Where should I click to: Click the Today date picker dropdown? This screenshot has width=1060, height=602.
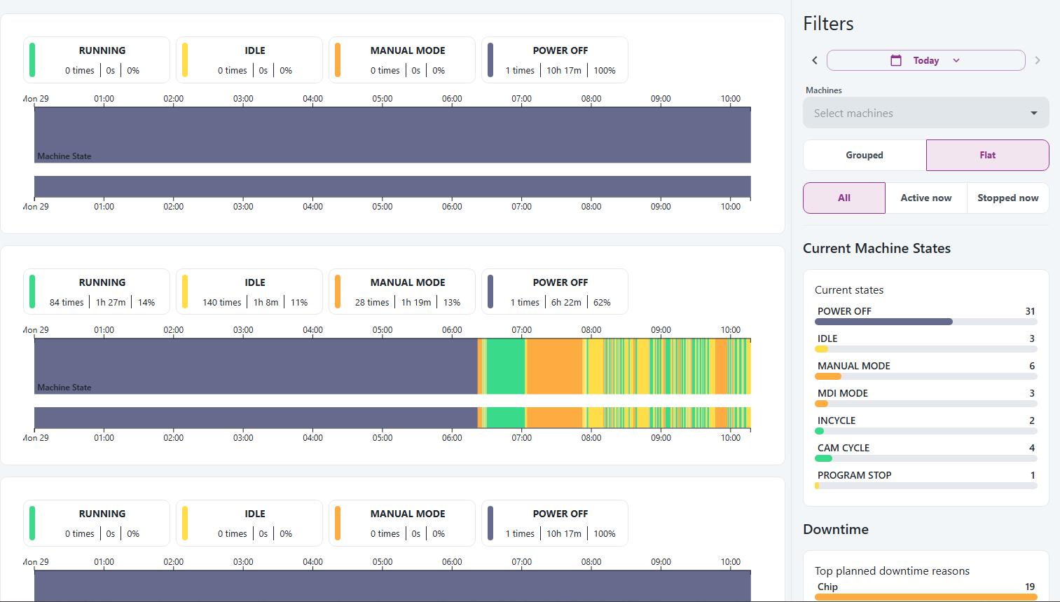(x=925, y=60)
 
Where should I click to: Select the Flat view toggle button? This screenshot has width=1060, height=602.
(x=987, y=155)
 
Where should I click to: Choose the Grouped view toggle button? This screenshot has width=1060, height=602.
(x=864, y=155)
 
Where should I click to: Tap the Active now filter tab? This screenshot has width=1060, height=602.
(x=925, y=198)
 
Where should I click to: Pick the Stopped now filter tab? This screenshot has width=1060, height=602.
(x=1007, y=198)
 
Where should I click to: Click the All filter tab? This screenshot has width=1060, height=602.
(x=844, y=198)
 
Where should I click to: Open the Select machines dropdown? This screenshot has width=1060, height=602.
(x=925, y=113)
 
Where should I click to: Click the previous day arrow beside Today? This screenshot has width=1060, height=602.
(x=815, y=60)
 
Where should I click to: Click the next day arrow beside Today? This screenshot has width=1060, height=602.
(x=1038, y=60)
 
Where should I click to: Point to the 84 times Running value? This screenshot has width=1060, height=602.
(x=67, y=302)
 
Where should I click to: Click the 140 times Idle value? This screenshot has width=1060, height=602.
(x=221, y=302)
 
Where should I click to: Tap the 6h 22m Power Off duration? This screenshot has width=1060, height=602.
(x=566, y=302)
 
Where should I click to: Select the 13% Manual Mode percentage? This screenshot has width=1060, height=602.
(x=452, y=302)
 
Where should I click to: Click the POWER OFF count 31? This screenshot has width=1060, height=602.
(x=1030, y=311)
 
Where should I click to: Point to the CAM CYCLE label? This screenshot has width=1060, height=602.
(x=844, y=448)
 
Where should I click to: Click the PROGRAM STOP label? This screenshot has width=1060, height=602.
(x=854, y=475)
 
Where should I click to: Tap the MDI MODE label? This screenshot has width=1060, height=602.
(x=843, y=393)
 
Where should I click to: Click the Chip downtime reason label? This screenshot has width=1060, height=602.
(x=827, y=587)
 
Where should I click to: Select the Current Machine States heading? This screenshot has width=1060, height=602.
(x=876, y=248)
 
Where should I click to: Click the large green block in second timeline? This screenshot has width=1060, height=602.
(x=505, y=366)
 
